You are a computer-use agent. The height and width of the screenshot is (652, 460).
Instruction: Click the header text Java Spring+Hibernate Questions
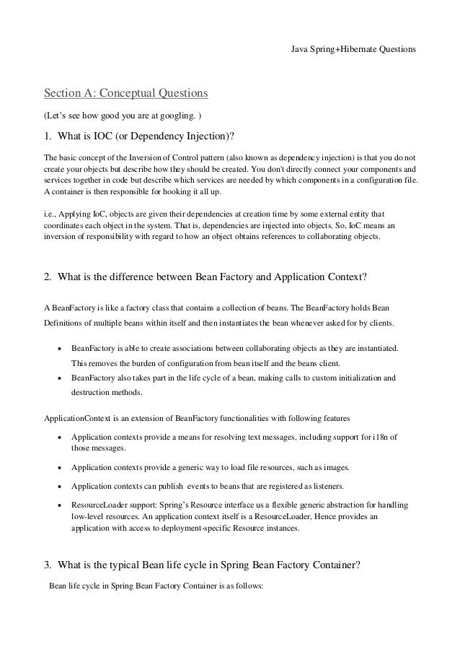[353, 50]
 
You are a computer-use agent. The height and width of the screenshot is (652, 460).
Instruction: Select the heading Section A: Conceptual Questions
[126, 94]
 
